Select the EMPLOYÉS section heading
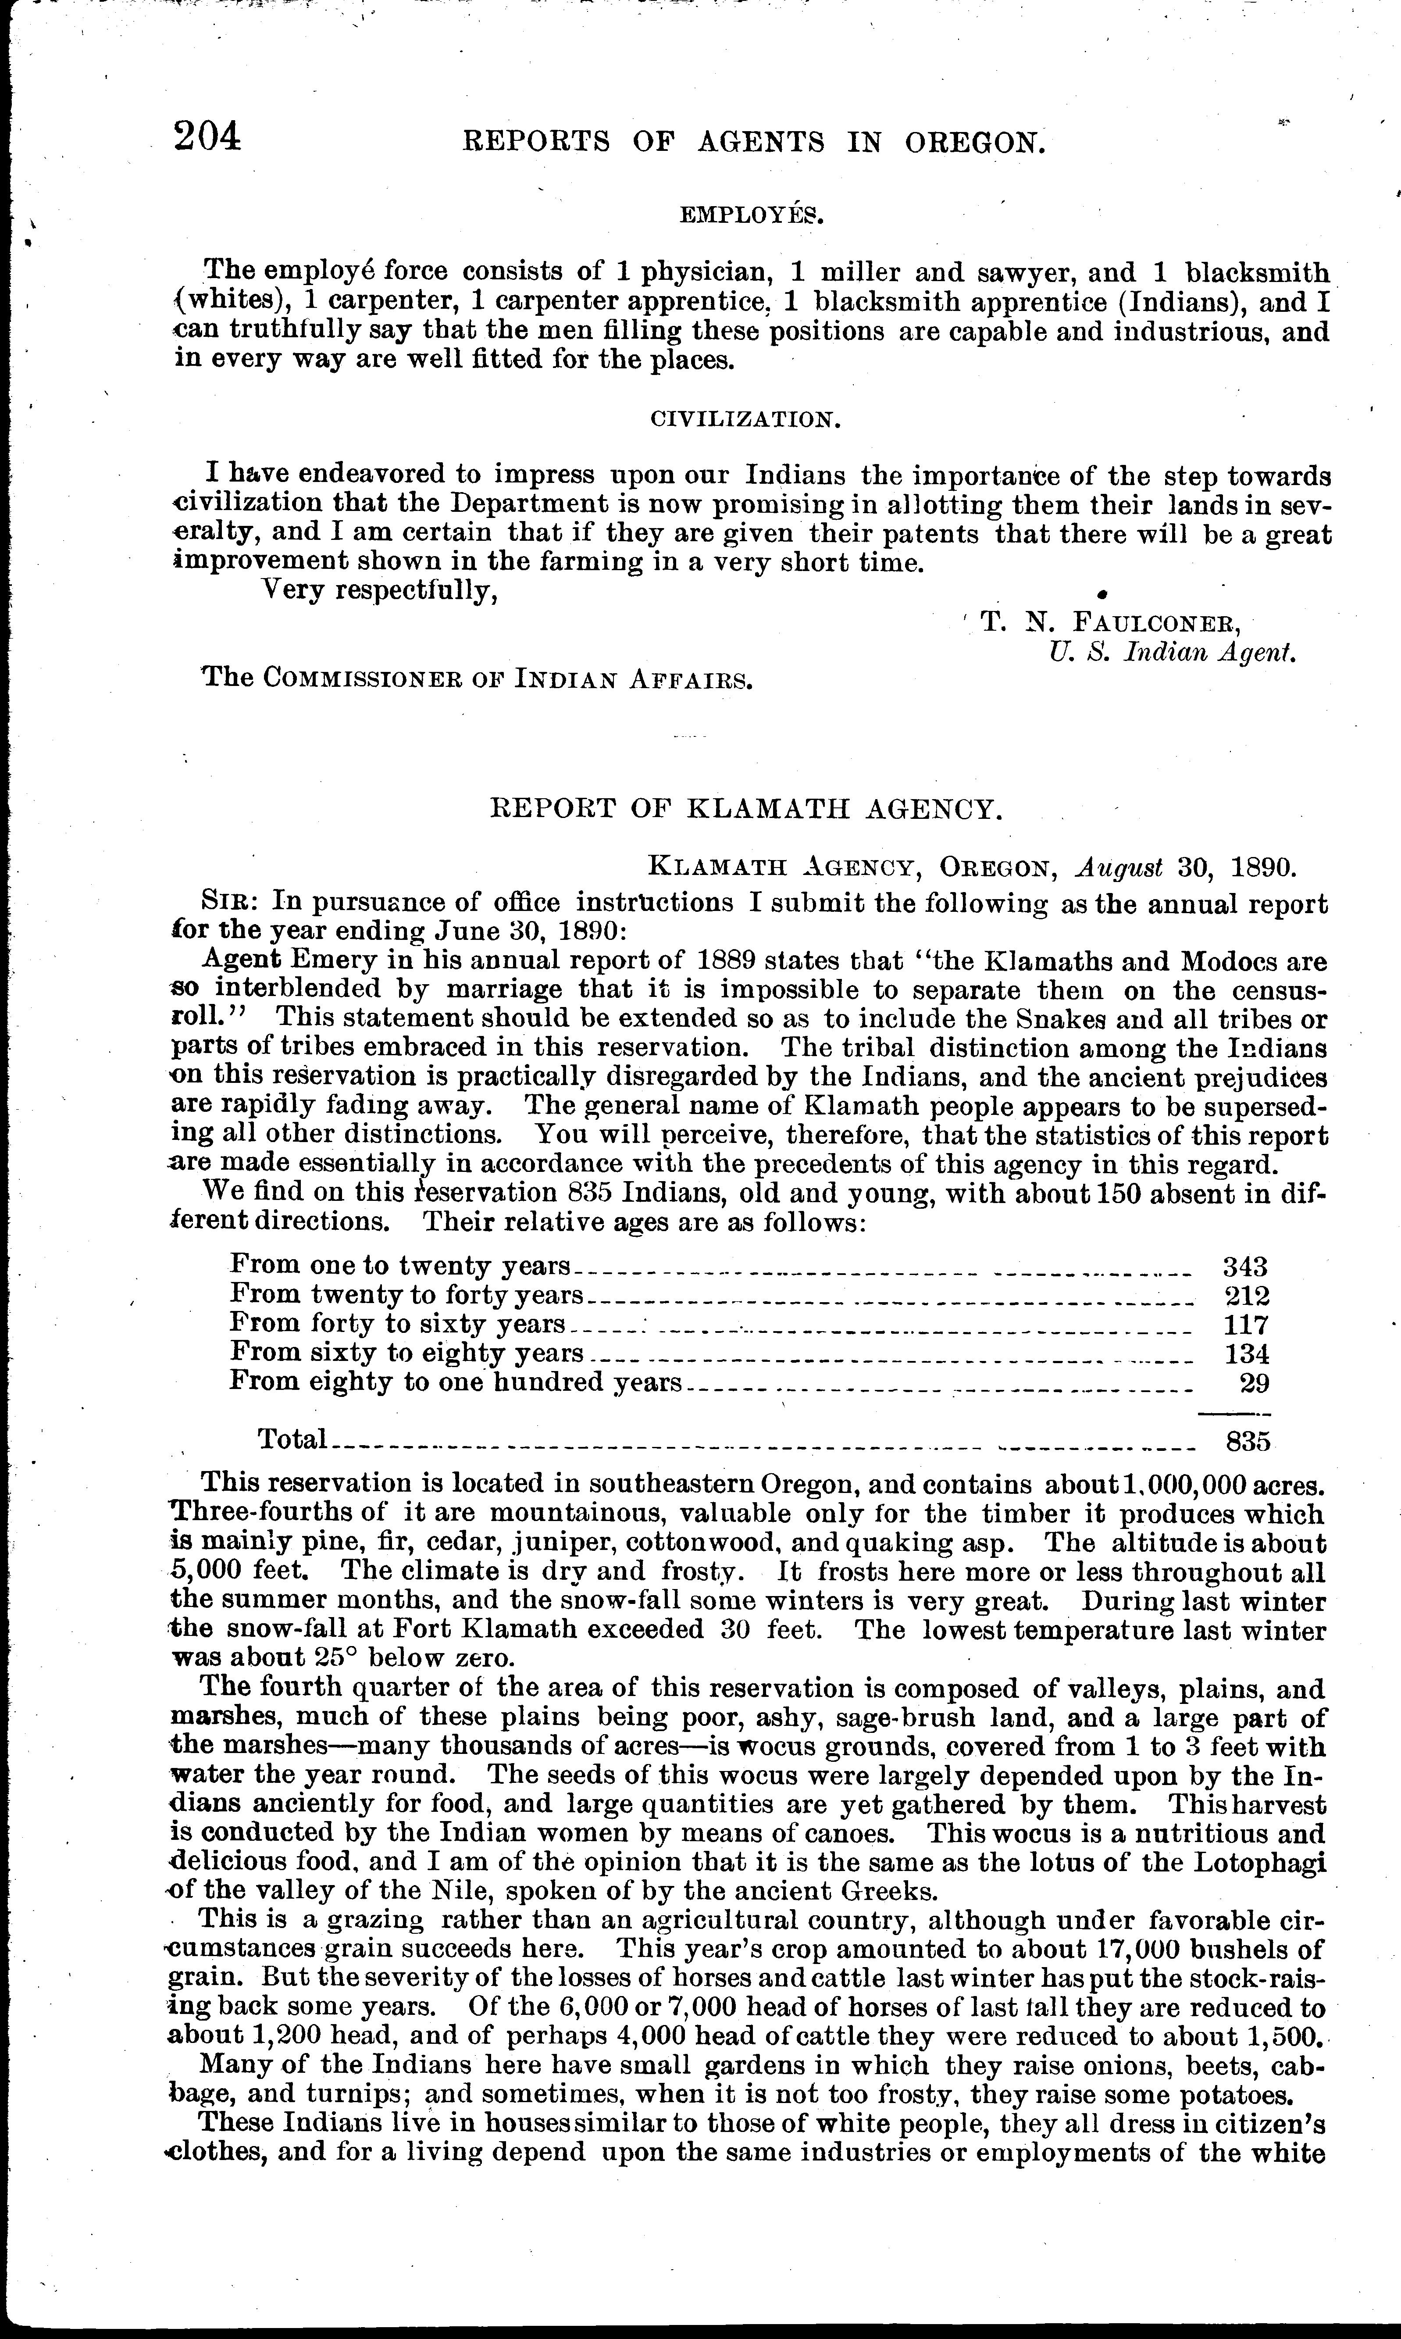coord(752,215)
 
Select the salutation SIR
coord(224,902)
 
